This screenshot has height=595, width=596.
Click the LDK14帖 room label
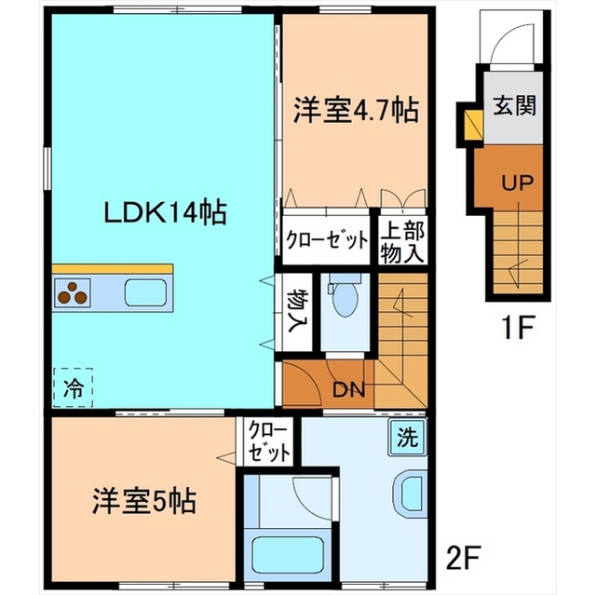[x=166, y=213]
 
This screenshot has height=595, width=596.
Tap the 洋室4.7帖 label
[x=356, y=110]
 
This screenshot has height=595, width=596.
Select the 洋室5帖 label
[x=144, y=501]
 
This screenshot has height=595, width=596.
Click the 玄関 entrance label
[x=514, y=104]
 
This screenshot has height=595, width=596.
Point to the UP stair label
[x=518, y=183]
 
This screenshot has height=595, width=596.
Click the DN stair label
[x=349, y=389]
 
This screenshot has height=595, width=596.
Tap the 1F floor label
[x=518, y=328]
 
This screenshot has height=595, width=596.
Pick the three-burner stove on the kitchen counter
[x=73, y=293]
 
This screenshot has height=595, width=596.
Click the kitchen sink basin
[x=145, y=292]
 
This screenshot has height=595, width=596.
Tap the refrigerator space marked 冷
[x=73, y=387]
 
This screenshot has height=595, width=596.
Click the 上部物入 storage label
[x=402, y=242]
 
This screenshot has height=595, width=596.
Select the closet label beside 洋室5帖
[x=268, y=441]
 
